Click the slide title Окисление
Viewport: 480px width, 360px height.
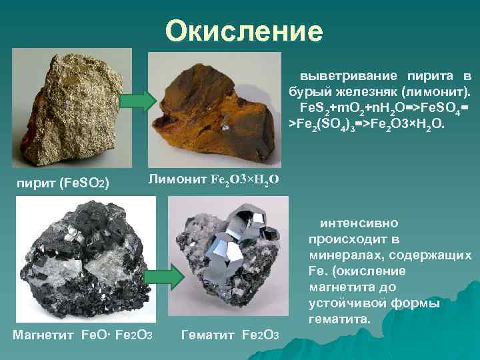(244, 31)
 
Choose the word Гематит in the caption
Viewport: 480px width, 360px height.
(207, 333)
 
